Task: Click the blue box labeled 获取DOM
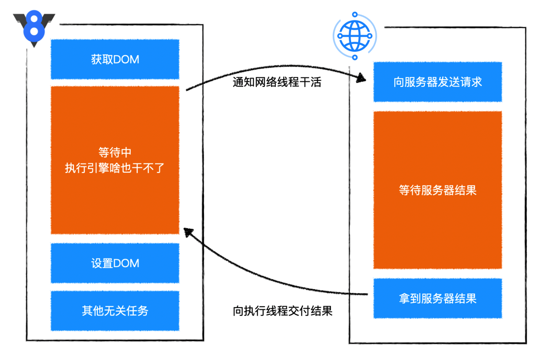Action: pos(115,59)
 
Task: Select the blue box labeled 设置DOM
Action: pos(115,263)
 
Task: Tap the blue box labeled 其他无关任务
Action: pos(115,310)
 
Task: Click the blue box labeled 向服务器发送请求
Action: pos(437,82)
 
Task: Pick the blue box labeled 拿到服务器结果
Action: pos(437,298)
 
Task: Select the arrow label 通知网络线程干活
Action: pos(277,82)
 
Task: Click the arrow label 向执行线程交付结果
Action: pos(282,311)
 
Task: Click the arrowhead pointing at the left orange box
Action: pos(188,232)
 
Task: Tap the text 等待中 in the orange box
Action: pos(115,152)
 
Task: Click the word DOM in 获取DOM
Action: pos(126,60)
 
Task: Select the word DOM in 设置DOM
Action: pos(126,264)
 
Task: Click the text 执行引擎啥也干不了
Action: pos(115,168)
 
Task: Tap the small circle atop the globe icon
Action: pos(355,14)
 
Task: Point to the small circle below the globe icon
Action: pos(355,58)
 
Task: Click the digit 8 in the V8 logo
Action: pos(34,26)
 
